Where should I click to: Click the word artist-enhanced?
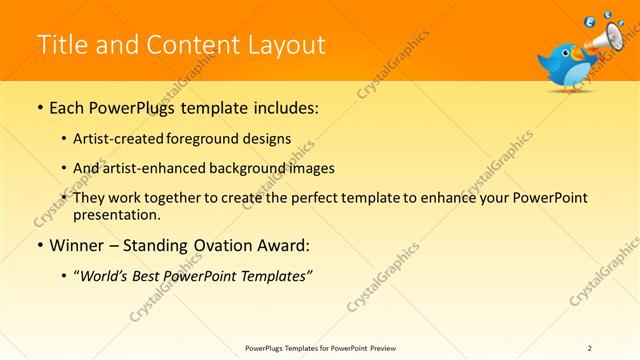point(151,168)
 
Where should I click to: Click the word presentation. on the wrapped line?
point(116,214)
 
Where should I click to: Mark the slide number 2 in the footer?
point(590,347)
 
